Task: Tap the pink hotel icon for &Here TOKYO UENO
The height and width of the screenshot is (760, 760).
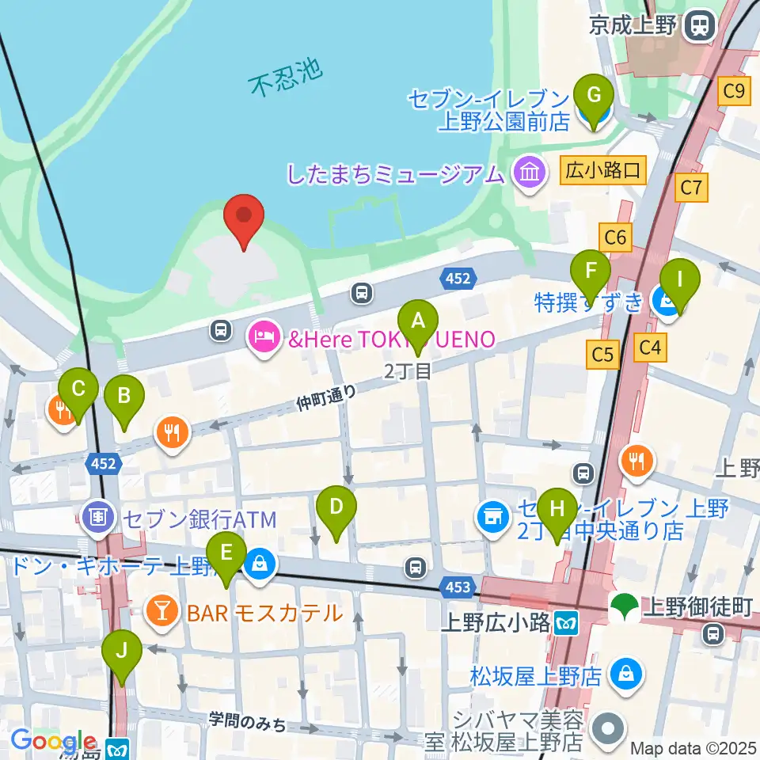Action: [x=263, y=339]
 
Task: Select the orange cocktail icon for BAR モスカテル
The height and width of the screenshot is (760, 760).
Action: [x=161, y=612]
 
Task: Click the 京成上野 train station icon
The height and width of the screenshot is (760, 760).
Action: [x=700, y=26]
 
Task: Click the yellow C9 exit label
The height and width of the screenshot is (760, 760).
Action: [x=735, y=93]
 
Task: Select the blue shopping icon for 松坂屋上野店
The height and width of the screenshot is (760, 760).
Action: [x=626, y=675]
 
